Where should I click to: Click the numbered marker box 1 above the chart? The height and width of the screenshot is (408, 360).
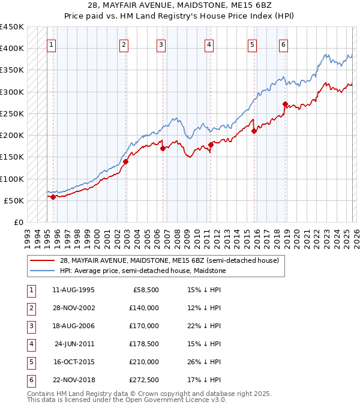(52, 44)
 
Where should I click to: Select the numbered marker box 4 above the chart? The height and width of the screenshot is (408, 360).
(208, 44)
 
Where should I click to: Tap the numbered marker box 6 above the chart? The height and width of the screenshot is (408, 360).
(283, 44)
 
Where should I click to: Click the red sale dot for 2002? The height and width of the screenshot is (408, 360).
(126, 161)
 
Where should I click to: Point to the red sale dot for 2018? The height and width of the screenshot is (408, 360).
(285, 104)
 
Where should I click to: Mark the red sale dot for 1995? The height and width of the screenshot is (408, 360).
(53, 197)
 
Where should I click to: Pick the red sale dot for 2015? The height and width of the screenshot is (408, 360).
(254, 131)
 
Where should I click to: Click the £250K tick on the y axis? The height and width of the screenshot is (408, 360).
(12, 113)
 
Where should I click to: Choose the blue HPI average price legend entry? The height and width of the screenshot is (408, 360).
(142, 271)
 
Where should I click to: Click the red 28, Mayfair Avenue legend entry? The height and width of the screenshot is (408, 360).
(169, 260)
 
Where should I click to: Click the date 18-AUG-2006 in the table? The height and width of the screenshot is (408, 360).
(73, 326)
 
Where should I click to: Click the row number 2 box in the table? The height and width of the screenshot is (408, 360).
(30, 308)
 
